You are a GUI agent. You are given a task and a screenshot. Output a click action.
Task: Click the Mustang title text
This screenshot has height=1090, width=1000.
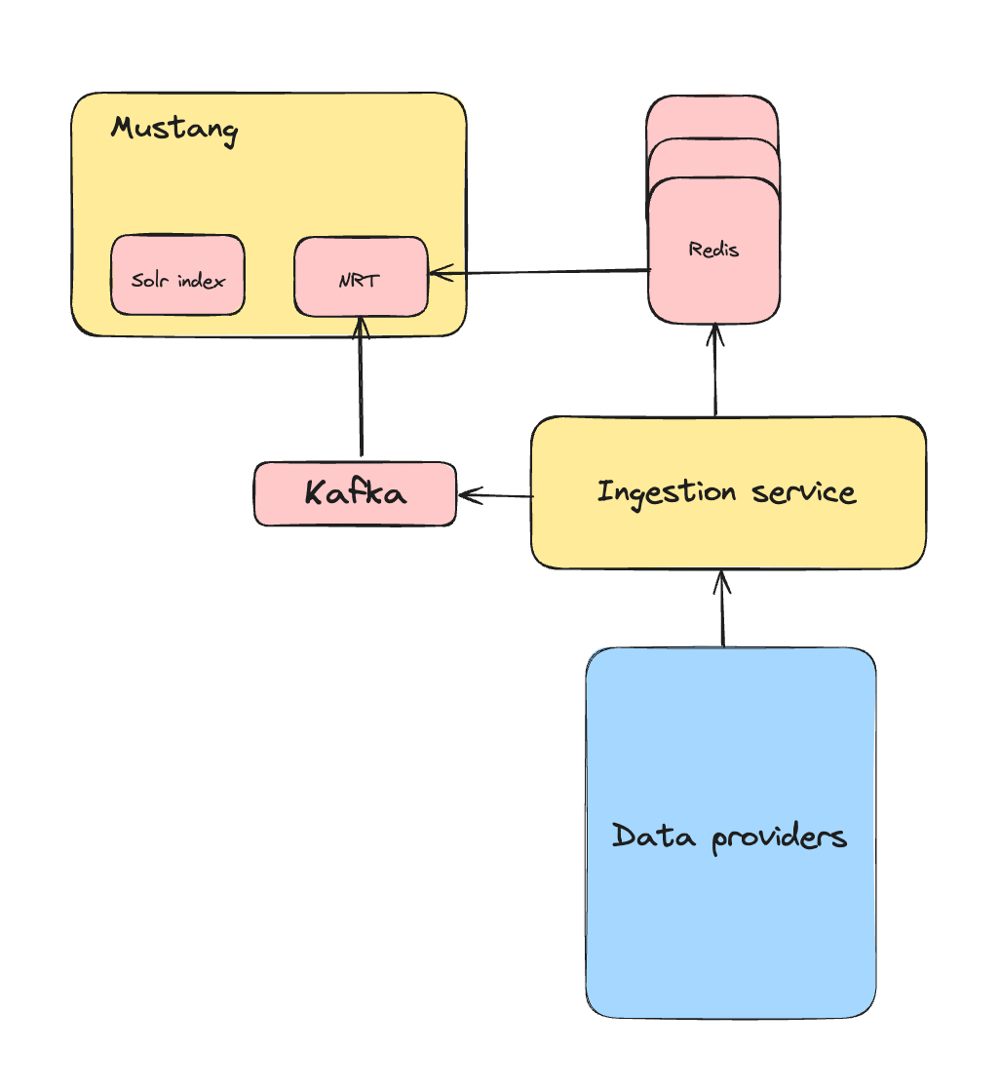(174, 129)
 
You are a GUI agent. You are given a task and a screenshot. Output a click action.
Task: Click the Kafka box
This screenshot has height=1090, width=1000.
(355, 493)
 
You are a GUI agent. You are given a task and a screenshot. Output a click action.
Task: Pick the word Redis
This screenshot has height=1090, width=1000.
(713, 250)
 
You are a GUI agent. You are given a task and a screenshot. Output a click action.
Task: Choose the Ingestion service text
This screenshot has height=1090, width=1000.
(727, 491)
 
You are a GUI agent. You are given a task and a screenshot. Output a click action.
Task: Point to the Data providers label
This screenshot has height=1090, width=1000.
(729, 837)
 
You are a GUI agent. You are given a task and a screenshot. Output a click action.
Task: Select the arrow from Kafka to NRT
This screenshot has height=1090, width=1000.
(362, 390)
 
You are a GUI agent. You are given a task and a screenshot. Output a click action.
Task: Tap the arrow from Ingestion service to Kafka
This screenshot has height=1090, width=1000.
(495, 495)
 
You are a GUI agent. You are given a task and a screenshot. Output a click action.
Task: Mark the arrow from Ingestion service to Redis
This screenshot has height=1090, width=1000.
(715, 370)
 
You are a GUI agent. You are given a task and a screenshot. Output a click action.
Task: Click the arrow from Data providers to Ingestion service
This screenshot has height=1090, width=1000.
(722, 609)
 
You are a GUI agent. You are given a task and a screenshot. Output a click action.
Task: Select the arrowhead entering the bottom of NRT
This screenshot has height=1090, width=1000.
(362, 327)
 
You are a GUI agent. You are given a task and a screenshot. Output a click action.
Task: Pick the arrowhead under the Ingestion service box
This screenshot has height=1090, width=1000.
(721, 581)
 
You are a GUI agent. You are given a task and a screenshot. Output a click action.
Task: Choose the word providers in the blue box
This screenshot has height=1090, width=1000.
(779, 837)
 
